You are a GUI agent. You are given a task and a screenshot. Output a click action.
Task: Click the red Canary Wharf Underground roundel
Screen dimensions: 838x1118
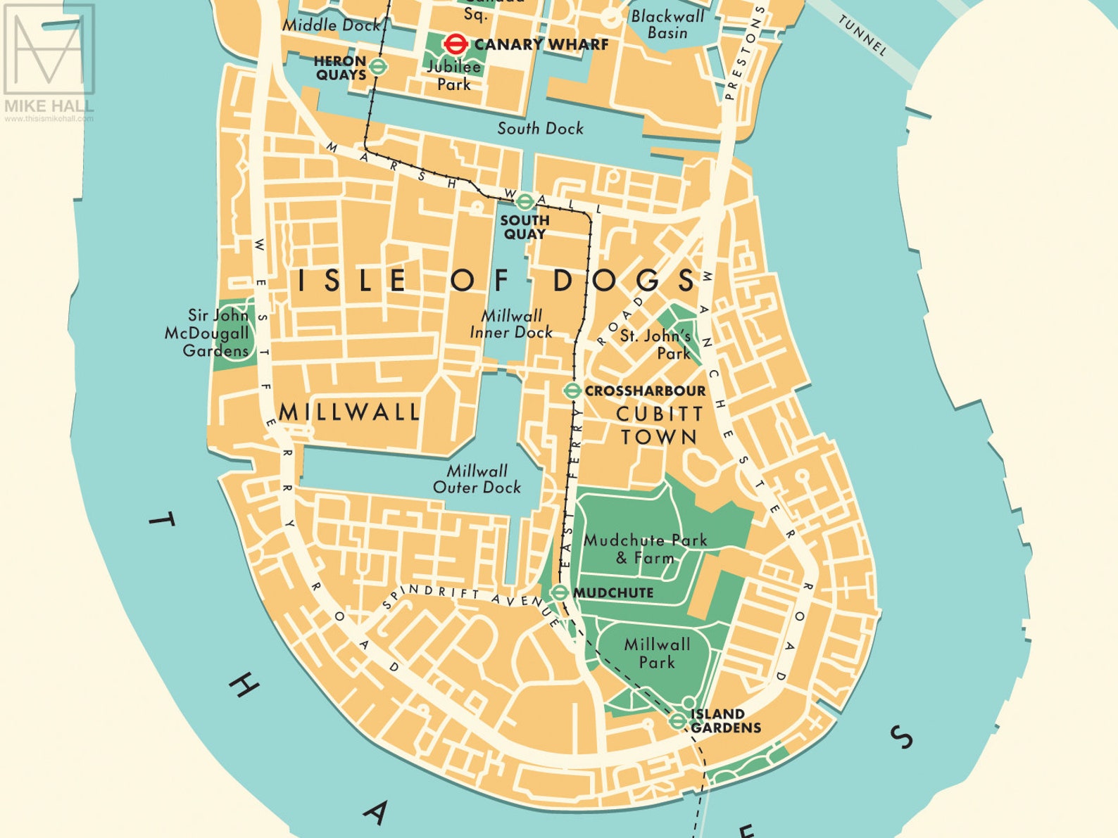point(456,44)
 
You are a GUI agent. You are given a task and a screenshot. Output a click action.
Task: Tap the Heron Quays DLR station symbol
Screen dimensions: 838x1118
point(379,67)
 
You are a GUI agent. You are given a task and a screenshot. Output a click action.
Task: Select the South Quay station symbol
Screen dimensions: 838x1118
point(524,203)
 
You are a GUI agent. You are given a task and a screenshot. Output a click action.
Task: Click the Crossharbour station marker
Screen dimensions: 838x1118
point(572,391)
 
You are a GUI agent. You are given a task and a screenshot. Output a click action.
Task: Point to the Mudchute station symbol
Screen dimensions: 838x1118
point(559,592)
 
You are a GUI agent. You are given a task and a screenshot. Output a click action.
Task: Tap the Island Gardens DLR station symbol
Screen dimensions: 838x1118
point(677,720)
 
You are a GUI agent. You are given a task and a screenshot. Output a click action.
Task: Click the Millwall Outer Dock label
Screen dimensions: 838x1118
point(477,478)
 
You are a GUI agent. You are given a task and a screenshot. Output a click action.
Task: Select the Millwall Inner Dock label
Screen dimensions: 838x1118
point(511,324)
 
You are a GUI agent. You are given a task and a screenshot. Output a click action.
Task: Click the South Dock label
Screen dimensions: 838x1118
point(540,128)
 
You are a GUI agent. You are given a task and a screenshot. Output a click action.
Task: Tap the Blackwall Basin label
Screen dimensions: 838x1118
point(667,24)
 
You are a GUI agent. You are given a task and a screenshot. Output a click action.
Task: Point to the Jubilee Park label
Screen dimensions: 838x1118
point(453,75)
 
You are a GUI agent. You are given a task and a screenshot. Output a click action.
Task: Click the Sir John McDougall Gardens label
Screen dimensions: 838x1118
point(208,333)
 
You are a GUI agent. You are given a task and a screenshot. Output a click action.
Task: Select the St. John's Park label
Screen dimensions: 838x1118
point(655,344)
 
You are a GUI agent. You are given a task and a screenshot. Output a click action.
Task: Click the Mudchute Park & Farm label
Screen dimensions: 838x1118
point(645,549)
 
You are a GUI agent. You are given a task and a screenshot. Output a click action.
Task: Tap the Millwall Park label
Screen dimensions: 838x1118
point(657,653)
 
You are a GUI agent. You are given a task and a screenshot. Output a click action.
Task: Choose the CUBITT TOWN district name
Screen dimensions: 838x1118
point(659,425)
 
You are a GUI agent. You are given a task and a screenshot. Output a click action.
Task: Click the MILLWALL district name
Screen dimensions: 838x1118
point(349,412)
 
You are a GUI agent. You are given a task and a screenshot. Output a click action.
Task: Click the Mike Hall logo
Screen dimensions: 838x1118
point(49,60)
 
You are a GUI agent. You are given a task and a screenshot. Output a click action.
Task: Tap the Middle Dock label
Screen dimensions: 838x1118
point(331,25)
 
